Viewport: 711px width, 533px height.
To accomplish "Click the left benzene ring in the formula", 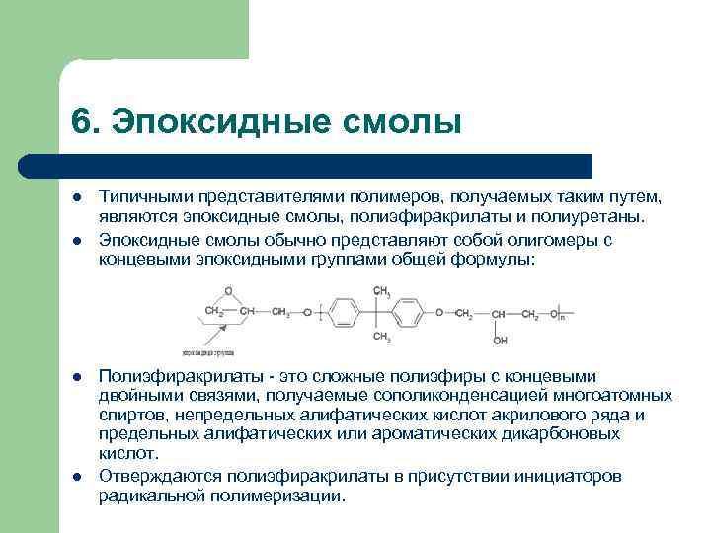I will coord(344,315).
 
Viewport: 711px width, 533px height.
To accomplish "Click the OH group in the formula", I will coord(500,340).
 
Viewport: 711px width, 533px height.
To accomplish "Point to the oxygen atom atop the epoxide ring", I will coord(228,292).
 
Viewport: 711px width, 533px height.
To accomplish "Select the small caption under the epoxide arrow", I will coord(206,351).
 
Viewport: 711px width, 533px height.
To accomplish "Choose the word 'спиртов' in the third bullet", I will coord(128,416).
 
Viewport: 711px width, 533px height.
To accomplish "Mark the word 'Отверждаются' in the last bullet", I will coord(153,477).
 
